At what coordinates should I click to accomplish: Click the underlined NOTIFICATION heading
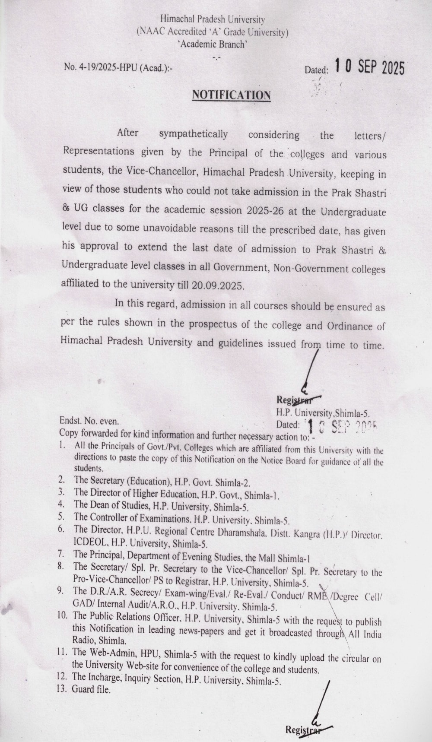(x=231, y=95)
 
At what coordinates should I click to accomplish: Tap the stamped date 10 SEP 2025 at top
(x=370, y=67)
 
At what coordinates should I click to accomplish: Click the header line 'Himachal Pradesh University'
(x=212, y=19)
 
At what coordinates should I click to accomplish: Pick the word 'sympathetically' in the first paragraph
(x=193, y=134)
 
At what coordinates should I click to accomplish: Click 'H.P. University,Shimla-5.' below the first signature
(x=323, y=413)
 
